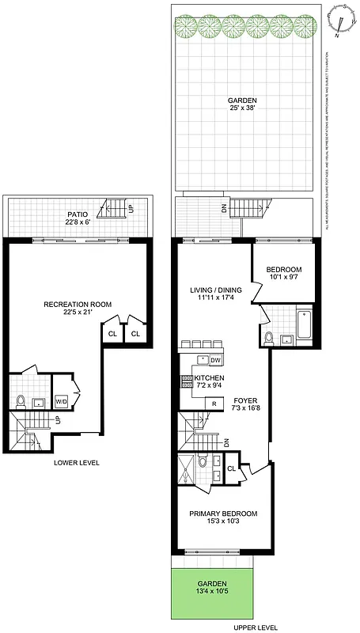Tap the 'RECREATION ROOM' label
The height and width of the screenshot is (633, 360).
(78, 304)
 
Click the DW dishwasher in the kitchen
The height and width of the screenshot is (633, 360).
(214, 360)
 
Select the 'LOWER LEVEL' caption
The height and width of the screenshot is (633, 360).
(76, 462)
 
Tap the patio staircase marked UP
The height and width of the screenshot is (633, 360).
(112, 208)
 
